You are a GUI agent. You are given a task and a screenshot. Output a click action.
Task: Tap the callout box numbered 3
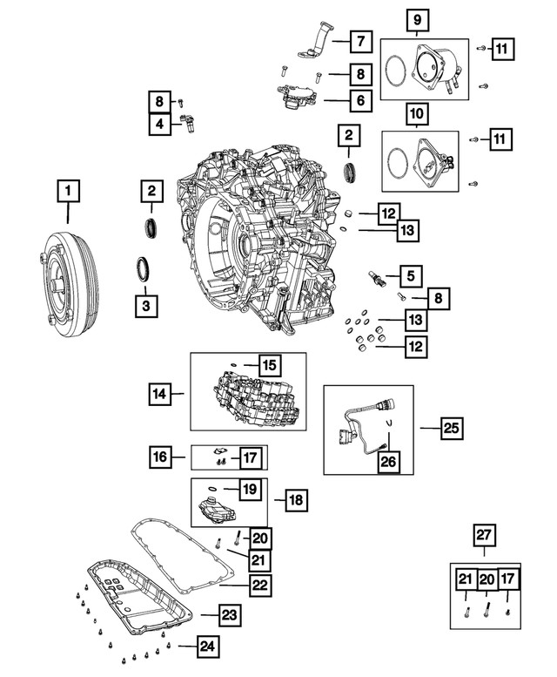coord(147,306)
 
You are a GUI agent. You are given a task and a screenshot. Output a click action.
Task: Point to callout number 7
coord(359,40)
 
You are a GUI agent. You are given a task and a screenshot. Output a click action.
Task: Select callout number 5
coord(410,277)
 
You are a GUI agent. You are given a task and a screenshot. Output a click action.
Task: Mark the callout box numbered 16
coord(158,456)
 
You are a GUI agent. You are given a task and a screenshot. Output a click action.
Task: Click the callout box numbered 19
coord(250,491)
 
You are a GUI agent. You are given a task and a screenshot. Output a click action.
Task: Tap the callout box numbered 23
coord(228,616)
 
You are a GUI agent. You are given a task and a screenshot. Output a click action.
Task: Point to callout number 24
coord(207,647)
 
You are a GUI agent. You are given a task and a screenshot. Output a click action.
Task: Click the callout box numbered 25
coord(451,428)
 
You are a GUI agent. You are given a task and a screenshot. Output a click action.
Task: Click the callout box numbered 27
coord(485,535)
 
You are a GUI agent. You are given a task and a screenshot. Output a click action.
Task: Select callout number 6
coord(359,100)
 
